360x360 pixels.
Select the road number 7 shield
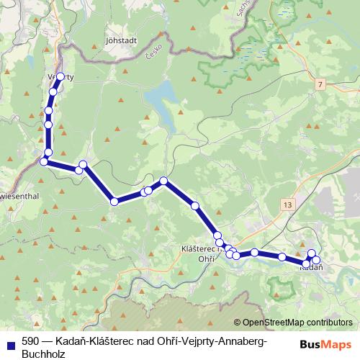pos(319,85)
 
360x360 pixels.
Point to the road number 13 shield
pos(289,205)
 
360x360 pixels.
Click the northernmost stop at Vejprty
pos(61,76)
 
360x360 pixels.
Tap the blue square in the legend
pos(11,344)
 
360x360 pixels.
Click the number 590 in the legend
pos(31,340)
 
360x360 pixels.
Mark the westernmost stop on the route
pos(43,162)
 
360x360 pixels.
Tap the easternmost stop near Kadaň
pos(317,260)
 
